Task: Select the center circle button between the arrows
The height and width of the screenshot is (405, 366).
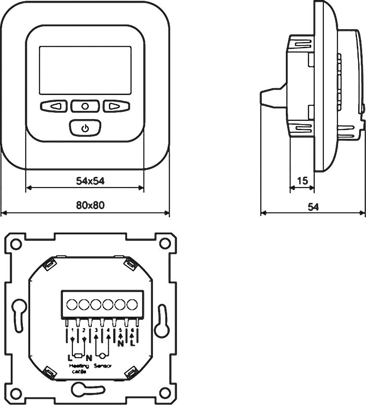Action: pyautogui.click(x=85, y=105)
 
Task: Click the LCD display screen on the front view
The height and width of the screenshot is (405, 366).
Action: pyautogui.click(x=85, y=70)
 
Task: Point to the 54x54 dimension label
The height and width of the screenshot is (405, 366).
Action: pyautogui.click(x=90, y=181)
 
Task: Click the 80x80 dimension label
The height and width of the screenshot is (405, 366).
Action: pyautogui.click(x=90, y=205)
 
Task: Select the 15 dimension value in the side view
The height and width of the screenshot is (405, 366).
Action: pyautogui.click(x=303, y=181)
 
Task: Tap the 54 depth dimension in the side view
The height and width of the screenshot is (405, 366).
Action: pyautogui.click(x=313, y=207)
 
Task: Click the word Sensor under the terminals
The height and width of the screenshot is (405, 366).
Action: pyautogui.click(x=102, y=366)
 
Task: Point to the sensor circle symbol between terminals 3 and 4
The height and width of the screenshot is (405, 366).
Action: pyautogui.click(x=102, y=356)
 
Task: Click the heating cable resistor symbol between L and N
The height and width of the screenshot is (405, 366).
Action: pyautogui.click(x=78, y=356)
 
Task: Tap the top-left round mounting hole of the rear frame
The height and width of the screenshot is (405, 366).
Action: pyautogui.click(x=16, y=243)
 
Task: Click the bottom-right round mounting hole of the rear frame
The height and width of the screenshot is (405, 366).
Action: pyautogui.click(x=165, y=393)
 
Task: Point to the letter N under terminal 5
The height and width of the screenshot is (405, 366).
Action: pyautogui.click(x=121, y=344)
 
